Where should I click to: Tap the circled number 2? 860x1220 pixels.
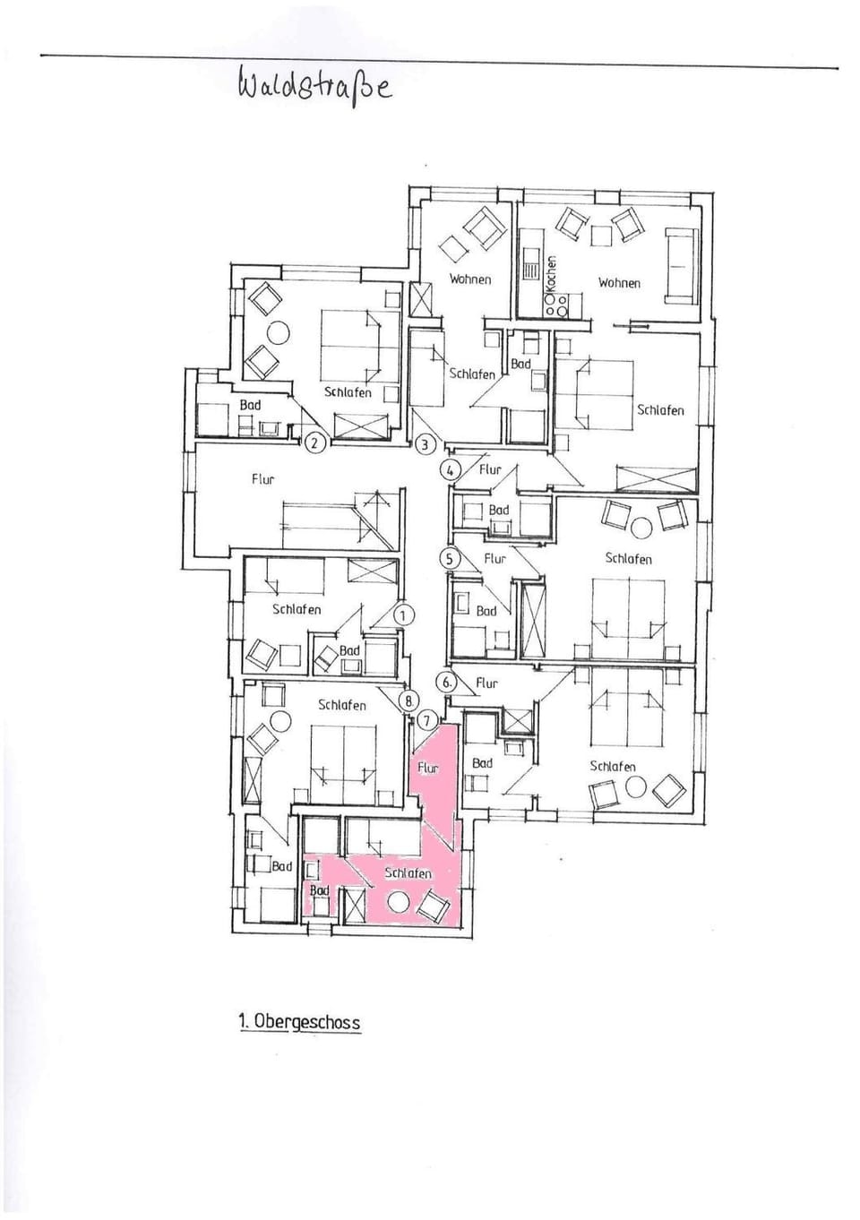point(314,442)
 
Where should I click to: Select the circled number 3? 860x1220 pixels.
point(425,444)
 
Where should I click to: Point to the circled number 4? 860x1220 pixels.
point(451,469)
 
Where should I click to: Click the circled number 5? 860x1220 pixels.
point(450,559)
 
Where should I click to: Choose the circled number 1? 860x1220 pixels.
point(402,615)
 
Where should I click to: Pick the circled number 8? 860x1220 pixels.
point(409,701)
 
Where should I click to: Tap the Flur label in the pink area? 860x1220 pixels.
point(428,768)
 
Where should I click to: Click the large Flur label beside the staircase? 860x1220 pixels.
point(263,479)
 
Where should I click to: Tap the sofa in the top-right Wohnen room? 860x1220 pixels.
point(681,266)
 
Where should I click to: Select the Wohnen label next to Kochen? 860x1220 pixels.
point(619,283)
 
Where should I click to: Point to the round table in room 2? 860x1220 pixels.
point(279,331)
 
